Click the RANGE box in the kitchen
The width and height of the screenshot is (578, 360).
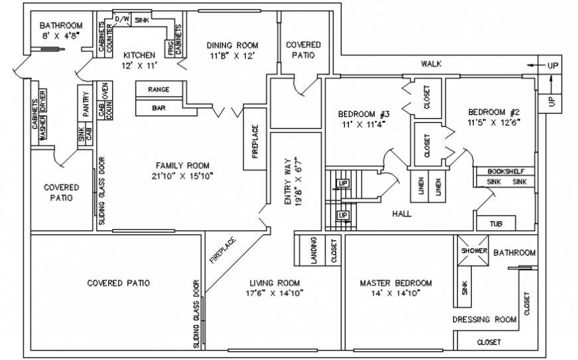(x=159, y=89)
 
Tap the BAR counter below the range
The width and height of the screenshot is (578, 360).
(x=159, y=107)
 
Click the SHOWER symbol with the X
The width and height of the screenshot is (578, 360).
(x=474, y=251)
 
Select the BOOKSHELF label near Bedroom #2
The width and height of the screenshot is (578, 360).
(x=506, y=171)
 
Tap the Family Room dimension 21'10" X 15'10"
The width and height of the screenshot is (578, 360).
(x=182, y=176)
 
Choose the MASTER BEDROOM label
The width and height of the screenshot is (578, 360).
(x=396, y=282)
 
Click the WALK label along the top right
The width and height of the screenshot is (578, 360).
(x=431, y=64)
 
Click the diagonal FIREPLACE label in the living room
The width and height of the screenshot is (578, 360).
(x=223, y=250)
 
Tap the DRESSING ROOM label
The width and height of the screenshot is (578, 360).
(x=484, y=319)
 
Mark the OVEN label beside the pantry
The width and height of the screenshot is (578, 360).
(x=105, y=89)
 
